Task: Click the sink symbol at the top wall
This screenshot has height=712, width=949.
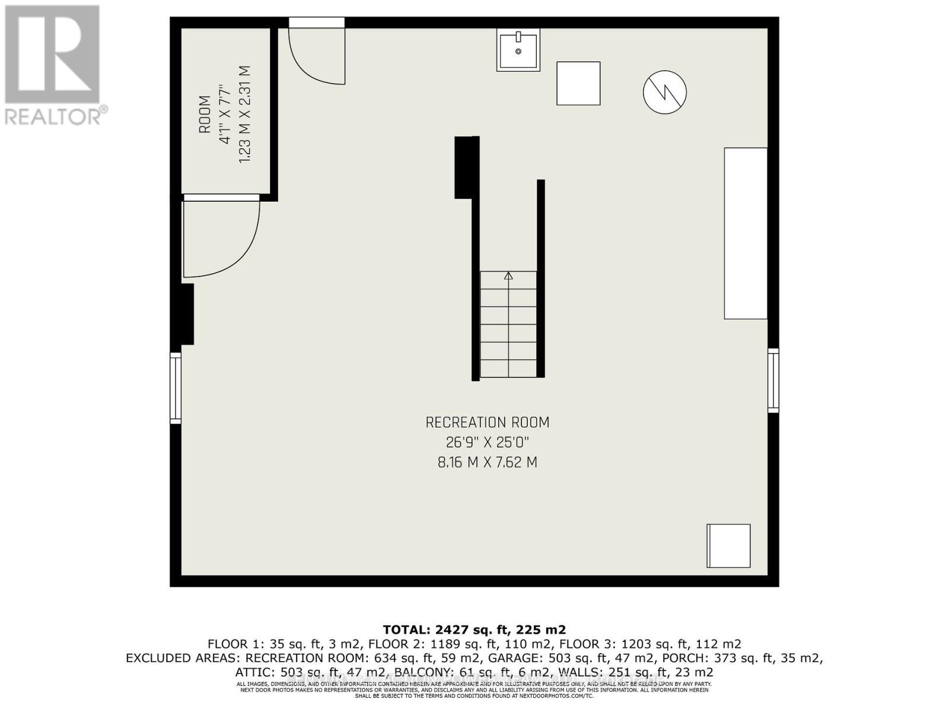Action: click(x=518, y=50)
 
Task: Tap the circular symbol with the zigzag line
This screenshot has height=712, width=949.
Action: click(x=665, y=92)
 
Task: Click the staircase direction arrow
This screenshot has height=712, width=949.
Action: click(x=508, y=276)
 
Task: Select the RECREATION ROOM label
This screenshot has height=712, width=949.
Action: click(x=488, y=422)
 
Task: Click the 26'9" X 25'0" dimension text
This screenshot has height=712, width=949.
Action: click(x=488, y=442)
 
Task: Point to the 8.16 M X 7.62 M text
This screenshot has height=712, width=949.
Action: click(x=488, y=462)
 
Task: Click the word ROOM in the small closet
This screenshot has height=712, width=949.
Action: click(x=205, y=115)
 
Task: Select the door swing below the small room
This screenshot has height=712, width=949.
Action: click(x=219, y=237)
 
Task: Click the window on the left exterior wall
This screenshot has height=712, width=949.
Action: click(x=176, y=388)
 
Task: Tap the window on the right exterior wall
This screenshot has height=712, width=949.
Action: click(x=773, y=380)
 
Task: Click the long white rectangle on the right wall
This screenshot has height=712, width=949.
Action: click(x=746, y=233)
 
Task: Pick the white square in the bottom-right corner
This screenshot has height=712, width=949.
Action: click(x=728, y=546)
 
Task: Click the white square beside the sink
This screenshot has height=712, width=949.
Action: click(x=578, y=84)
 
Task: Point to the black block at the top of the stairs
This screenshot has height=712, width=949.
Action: click(x=467, y=167)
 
